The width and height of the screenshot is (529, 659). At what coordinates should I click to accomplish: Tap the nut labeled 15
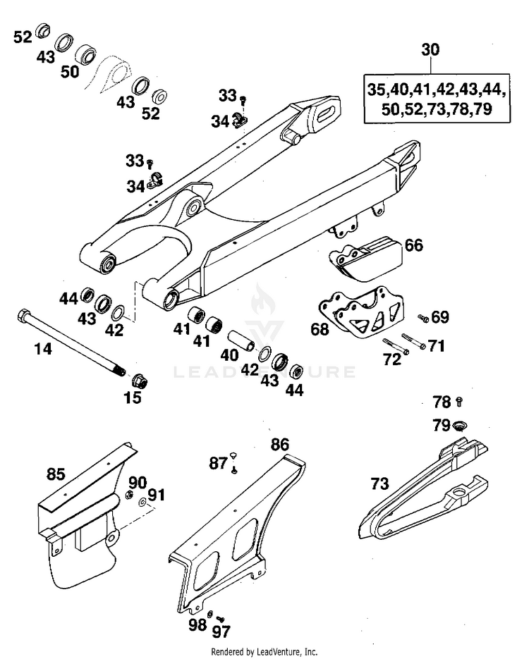(138, 381)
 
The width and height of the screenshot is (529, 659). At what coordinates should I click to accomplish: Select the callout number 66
(414, 245)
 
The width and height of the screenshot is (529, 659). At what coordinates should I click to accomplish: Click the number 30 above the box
(430, 50)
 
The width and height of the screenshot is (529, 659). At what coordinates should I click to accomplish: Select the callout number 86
(280, 444)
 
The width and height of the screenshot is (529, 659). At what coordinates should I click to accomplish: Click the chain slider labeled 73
(423, 493)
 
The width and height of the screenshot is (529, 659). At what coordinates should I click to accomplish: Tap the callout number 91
(155, 495)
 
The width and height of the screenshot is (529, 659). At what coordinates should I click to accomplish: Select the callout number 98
(197, 624)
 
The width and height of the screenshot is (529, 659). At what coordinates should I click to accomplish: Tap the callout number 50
(69, 72)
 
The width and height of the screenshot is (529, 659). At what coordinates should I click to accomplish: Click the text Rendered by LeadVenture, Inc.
(264, 652)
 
